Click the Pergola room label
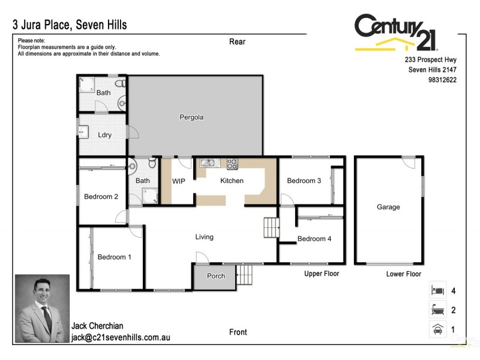pos(191,118)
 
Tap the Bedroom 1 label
pos(115,257)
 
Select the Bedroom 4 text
pos(314,239)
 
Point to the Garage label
pos(388,207)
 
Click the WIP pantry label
pos(179,181)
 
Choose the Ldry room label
pos(104,135)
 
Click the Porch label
pos(216,276)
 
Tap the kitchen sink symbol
pos(209,162)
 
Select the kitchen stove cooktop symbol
pos(232,162)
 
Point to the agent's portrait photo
pos(42,308)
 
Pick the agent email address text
pos(121,338)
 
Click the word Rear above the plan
pos(238,41)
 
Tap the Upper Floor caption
pos(322,274)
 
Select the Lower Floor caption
pos(404,274)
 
